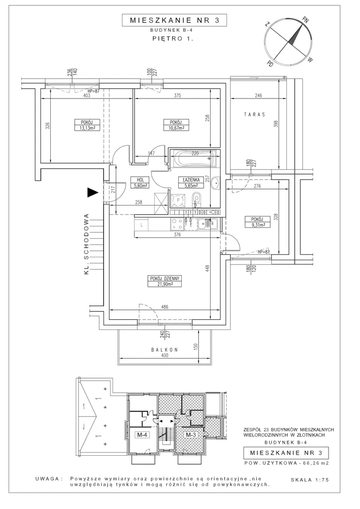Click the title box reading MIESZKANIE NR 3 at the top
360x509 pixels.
coord(174,20)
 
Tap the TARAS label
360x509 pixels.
coord(254,114)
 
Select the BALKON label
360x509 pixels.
coord(164,350)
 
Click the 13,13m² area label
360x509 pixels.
coord(84,127)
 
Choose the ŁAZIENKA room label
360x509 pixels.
coord(191,180)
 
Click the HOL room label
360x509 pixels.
coord(140,180)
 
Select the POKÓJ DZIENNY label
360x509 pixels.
coord(164,278)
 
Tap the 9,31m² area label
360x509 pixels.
coord(258,224)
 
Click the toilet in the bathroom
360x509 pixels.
coord(196,200)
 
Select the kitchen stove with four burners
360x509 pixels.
coord(177,224)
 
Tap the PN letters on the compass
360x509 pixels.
coord(305,19)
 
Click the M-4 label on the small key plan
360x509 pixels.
coord(143,435)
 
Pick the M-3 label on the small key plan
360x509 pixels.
coord(191,435)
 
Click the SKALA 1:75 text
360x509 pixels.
coord(310,480)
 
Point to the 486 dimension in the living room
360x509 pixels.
coord(165,306)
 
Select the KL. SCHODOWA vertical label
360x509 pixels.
coord(87,244)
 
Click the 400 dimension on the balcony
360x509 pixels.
coord(165,356)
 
